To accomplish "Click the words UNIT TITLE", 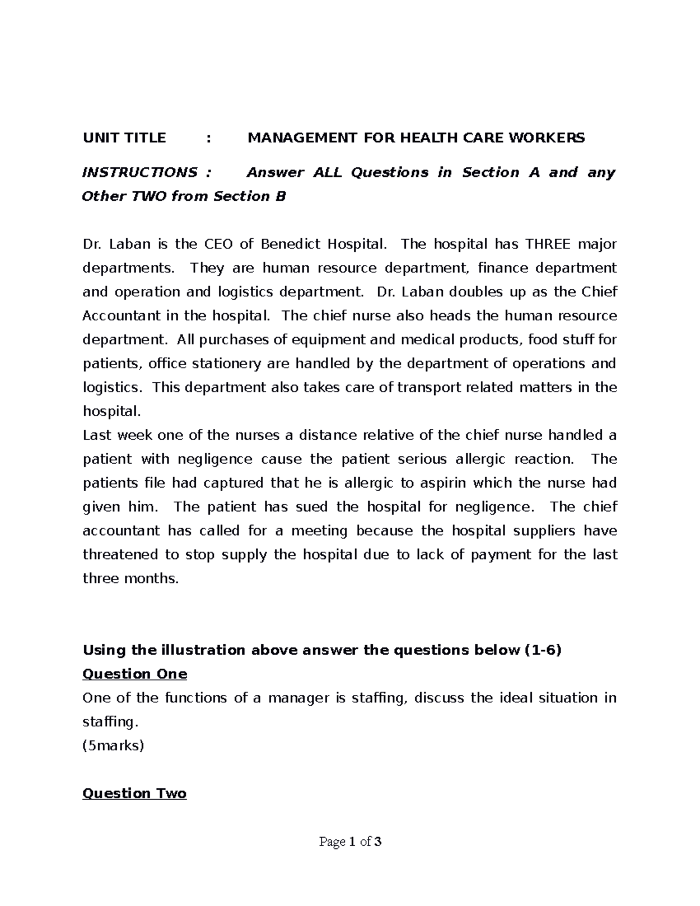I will (x=124, y=138).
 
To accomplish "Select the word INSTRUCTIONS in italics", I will (x=140, y=173).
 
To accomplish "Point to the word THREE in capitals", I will (x=547, y=244).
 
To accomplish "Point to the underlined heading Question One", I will (x=135, y=674).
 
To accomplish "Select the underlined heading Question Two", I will (x=135, y=793).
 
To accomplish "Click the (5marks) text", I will (x=113, y=746).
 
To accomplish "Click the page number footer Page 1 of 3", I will (x=350, y=842).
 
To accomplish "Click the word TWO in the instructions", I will (x=150, y=197).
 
